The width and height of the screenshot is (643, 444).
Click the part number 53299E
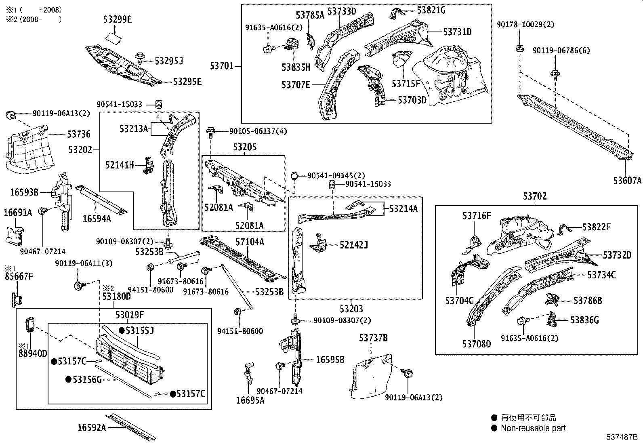(117, 19)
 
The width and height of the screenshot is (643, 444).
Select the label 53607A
(627, 181)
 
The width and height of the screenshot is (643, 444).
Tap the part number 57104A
(250, 242)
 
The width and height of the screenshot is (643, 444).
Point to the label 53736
(78, 134)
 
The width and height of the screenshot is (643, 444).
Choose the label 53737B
(373, 337)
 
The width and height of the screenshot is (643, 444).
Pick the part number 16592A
(92, 427)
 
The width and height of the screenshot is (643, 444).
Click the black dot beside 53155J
(122, 330)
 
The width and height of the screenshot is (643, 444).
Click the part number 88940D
(33, 354)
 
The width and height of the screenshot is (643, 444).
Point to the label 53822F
(596, 227)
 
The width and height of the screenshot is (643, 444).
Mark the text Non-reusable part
(533, 428)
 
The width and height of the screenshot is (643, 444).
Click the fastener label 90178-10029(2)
(525, 25)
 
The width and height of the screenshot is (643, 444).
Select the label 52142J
(354, 244)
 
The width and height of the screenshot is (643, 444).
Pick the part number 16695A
(250, 400)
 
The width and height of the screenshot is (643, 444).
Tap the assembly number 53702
(535, 196)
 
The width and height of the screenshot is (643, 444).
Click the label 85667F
(19, 277)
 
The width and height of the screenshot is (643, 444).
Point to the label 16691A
(18, 212)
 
